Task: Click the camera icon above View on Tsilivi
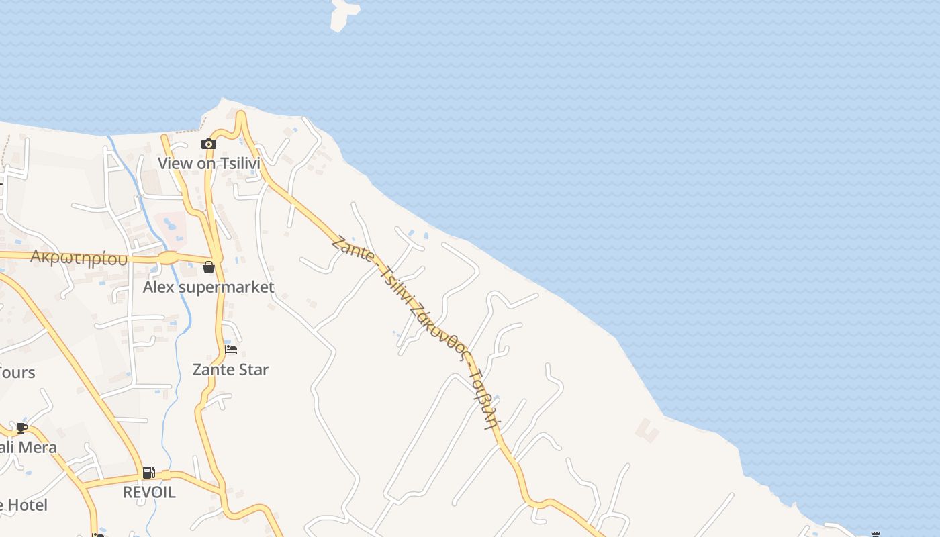point(208,144)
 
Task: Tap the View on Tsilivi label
point(208,163)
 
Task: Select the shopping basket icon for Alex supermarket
point(209,267)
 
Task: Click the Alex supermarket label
point(208,287)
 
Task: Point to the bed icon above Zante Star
point(231,349)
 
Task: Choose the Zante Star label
point(230,369)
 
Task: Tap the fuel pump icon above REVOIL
point(149,473)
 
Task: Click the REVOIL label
point(149,492)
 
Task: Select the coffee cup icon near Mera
point(22,428)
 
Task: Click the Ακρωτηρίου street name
point(79,258)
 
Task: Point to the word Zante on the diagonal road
point(352,250)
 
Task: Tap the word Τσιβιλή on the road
point(485,399)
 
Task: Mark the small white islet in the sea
point(344,13)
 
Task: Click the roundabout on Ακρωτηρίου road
point(167,258)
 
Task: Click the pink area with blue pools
point(171,223)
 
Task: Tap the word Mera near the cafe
point(36,447)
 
